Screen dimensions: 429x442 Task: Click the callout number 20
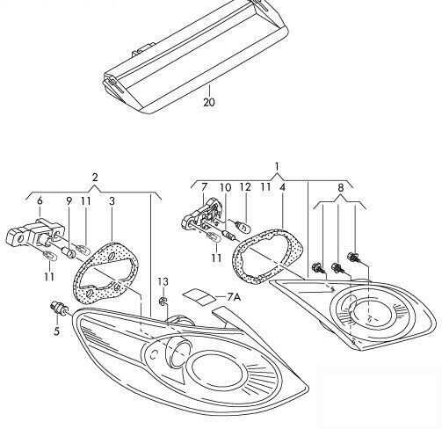(208, 102)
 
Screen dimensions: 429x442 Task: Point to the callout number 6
(40, 201)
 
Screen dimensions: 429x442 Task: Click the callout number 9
(69, 201)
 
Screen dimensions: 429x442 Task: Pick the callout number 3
(112, 201)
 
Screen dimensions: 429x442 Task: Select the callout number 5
(55, 331)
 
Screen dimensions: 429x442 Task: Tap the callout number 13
(162, 280)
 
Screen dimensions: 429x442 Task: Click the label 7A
(233, 298)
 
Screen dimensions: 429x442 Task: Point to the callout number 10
(225, 187)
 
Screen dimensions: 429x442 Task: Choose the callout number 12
(246, 187)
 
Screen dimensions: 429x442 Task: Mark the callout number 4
(282, 187)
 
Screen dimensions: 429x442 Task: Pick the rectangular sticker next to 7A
(199, 296)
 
